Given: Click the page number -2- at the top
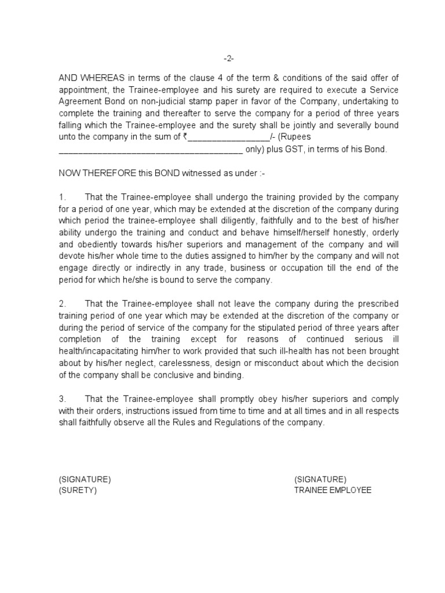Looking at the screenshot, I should [229, 58].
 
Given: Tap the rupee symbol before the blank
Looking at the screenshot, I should [185, 137].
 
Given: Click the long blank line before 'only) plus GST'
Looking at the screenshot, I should [150, 150].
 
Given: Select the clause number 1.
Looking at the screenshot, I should [63, 197].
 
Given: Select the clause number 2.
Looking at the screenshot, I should [63, 303].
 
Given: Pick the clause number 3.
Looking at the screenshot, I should [63, 399].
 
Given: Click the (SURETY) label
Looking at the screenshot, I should [78, 490].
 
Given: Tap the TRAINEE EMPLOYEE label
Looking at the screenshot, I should [333, 490].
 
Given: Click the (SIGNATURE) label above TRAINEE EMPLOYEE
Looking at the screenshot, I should [320, 479].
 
